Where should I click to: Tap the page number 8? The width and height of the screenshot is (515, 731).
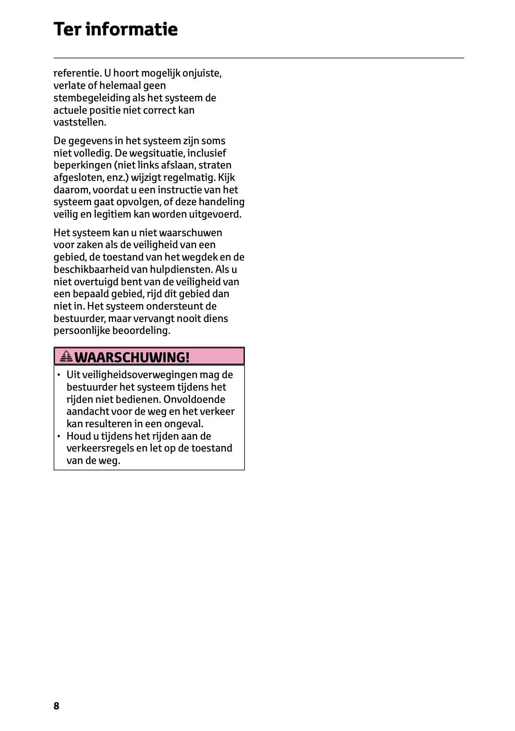tap(56, 706)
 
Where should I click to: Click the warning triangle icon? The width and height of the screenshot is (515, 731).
tap(67, 356)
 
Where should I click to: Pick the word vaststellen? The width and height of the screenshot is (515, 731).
tap(80, 122)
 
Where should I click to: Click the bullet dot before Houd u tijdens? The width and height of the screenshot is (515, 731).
tap(59, 436)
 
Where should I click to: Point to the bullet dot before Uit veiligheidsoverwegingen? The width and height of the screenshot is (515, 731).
tap(59, 375)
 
